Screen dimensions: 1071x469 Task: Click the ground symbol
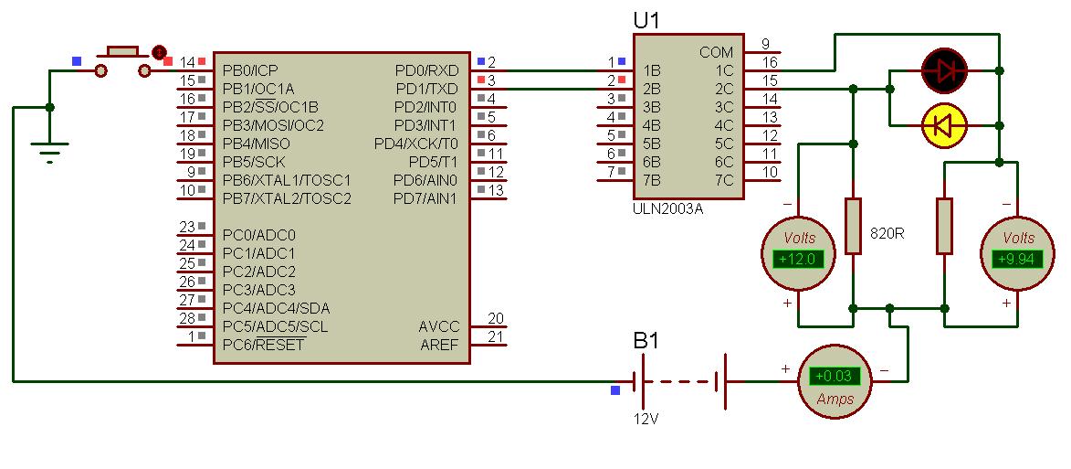[x=49, y=153]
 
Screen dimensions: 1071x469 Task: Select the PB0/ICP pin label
[x=250, y=70]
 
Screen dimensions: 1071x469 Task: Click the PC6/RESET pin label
[x=264, y=344]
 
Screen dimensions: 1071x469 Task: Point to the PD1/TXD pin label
[x=427, y=89]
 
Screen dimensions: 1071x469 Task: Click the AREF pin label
[x=440, y=345]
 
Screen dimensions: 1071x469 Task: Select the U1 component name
[x=646, y=21]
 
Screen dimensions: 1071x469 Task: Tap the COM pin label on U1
[x=717, y=53]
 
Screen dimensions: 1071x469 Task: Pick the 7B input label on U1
[x=652, y=180]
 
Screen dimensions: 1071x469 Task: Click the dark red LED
[x=945, y=70]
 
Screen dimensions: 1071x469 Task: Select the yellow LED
[x=945, y=125]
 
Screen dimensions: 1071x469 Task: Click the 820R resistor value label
[x=887, y=233]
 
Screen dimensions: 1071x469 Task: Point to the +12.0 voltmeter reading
[x=799, y=259]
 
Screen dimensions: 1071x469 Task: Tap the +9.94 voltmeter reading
[x=1017, y=259]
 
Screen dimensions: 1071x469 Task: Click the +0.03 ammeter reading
[x=835, y=376]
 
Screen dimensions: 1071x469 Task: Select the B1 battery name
[x=646, y=340]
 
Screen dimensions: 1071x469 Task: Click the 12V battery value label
[x=646, y=419]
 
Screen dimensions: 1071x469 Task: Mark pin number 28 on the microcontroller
[x=187, y=318]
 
